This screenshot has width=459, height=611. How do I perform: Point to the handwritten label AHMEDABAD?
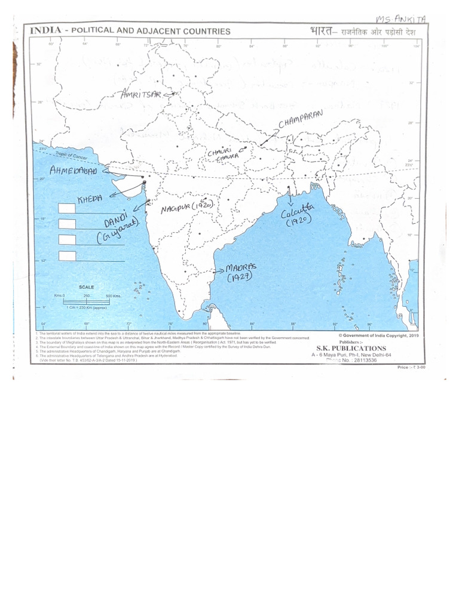[x=73, y=171]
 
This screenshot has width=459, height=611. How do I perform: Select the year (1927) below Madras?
[x=240, y=278]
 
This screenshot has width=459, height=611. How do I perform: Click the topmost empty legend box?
[x=67, y=208]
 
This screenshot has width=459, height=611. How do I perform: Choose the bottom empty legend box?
[x=67, y=255]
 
